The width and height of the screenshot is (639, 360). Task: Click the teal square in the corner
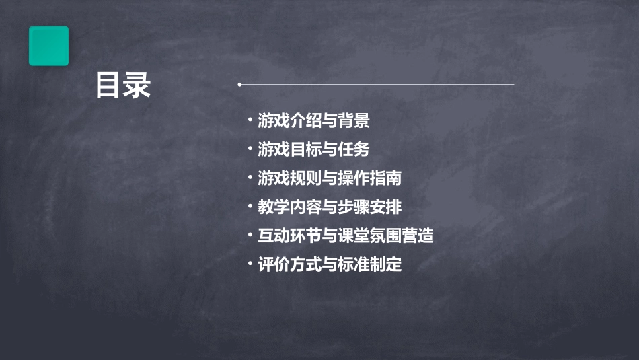48,46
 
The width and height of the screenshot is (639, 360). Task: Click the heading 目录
123,85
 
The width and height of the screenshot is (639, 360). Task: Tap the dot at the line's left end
239,85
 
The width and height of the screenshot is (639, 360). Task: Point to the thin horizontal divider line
377,85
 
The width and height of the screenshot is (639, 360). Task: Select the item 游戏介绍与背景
313,121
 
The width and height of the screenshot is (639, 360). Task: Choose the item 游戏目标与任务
313,149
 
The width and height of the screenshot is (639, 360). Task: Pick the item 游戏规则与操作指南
330,178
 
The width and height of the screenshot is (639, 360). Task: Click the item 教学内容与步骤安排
330,207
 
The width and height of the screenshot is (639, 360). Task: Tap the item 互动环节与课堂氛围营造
346,236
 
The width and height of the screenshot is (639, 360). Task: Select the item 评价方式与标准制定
330,264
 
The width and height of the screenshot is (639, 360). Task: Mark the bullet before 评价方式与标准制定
250,264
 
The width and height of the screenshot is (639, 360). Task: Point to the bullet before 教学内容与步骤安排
250,207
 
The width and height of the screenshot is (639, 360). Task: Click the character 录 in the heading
137,85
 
